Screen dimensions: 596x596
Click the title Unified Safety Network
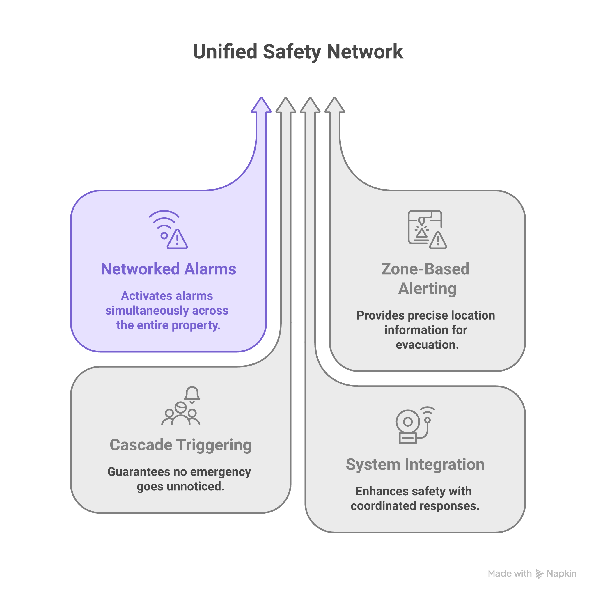coord(298,52)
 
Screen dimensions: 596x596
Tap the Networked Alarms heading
coord(168,269)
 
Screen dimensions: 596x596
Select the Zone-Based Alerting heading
coord(426,279)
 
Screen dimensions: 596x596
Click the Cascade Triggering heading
coord(181,445)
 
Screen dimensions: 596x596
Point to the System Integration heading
coord(415,464)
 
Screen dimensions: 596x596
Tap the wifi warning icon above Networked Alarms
coord(168,230)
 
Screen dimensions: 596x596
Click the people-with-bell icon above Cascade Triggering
coord(181,406)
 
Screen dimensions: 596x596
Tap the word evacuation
coord(427,345)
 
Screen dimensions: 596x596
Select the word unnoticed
coord(195,487)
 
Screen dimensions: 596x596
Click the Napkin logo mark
coord(539,574)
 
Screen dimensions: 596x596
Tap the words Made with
coord(510,574)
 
